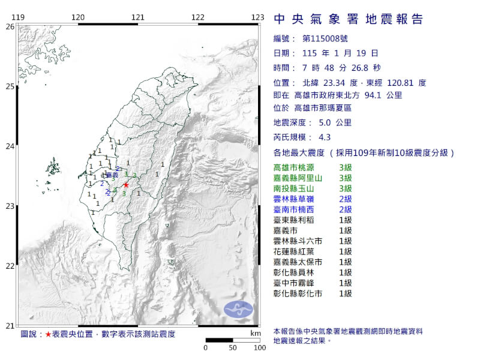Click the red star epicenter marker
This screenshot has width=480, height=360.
126,185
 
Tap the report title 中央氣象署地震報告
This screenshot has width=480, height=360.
348,19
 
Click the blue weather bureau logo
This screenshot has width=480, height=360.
239,310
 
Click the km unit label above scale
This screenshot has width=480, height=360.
256,332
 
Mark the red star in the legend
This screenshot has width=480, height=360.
48,334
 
